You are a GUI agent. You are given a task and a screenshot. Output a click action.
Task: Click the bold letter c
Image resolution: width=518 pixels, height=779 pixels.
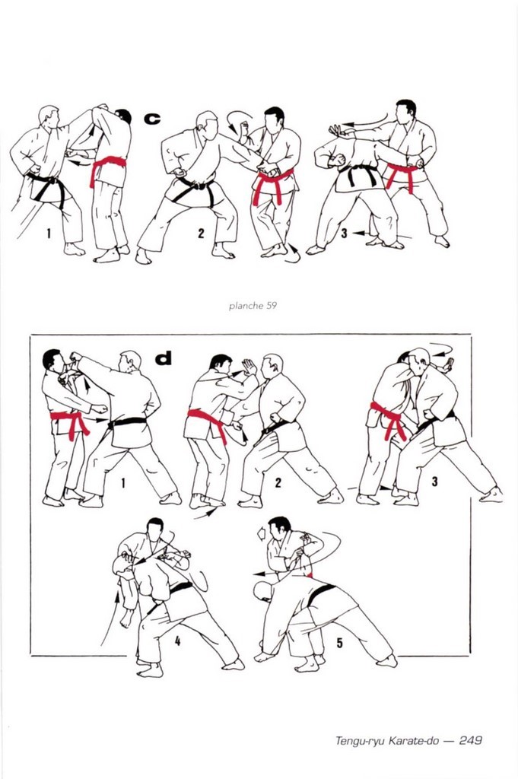point(152,118)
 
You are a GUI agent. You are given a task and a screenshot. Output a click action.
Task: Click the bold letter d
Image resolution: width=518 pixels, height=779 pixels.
point(164,358)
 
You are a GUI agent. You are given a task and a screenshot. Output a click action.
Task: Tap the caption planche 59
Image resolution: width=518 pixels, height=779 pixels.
point(253,306)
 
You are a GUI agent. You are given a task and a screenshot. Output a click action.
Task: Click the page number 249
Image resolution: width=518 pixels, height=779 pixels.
point(470,740)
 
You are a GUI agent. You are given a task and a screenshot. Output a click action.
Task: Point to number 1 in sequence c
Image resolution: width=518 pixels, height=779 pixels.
point(49,233)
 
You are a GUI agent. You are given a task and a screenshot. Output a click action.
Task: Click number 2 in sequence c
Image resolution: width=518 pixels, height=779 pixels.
point(201,233)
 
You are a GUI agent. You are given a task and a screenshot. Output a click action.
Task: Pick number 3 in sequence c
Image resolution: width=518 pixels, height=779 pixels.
point(344,233)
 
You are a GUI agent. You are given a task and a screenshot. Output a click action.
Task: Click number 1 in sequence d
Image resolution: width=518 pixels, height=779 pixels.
point(122,482)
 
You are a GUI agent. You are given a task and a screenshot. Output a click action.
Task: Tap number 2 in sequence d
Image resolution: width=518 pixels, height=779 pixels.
point(278,482)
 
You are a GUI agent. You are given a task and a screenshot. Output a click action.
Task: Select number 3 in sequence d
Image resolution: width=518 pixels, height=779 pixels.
point(434,481)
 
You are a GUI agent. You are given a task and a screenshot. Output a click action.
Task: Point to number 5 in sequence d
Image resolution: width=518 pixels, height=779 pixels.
point(339,643)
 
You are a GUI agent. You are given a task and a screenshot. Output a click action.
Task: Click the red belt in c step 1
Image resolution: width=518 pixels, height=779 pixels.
point(106,167)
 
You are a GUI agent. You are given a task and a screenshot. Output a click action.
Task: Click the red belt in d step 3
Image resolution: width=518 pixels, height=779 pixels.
point(389,418)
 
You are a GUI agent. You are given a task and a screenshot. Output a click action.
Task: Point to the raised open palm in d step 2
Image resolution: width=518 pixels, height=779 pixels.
point(249,367)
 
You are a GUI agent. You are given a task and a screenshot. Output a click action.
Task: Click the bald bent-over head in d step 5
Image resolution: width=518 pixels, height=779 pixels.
point(263,590)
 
